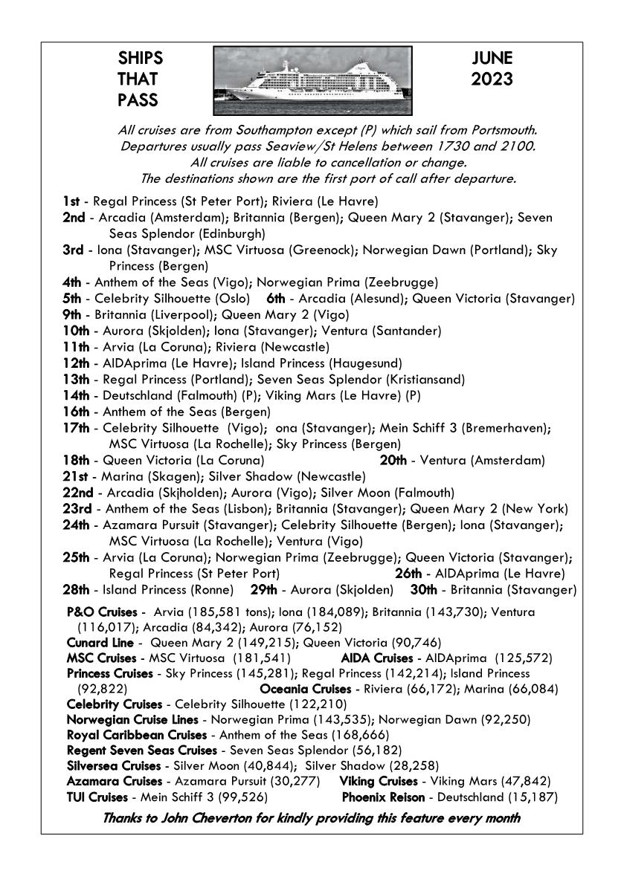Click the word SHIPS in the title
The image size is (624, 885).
pos(140,59)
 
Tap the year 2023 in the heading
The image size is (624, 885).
pos(492,79)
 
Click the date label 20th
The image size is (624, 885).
pos(393,461)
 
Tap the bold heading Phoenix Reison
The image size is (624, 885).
pos(383,797)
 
